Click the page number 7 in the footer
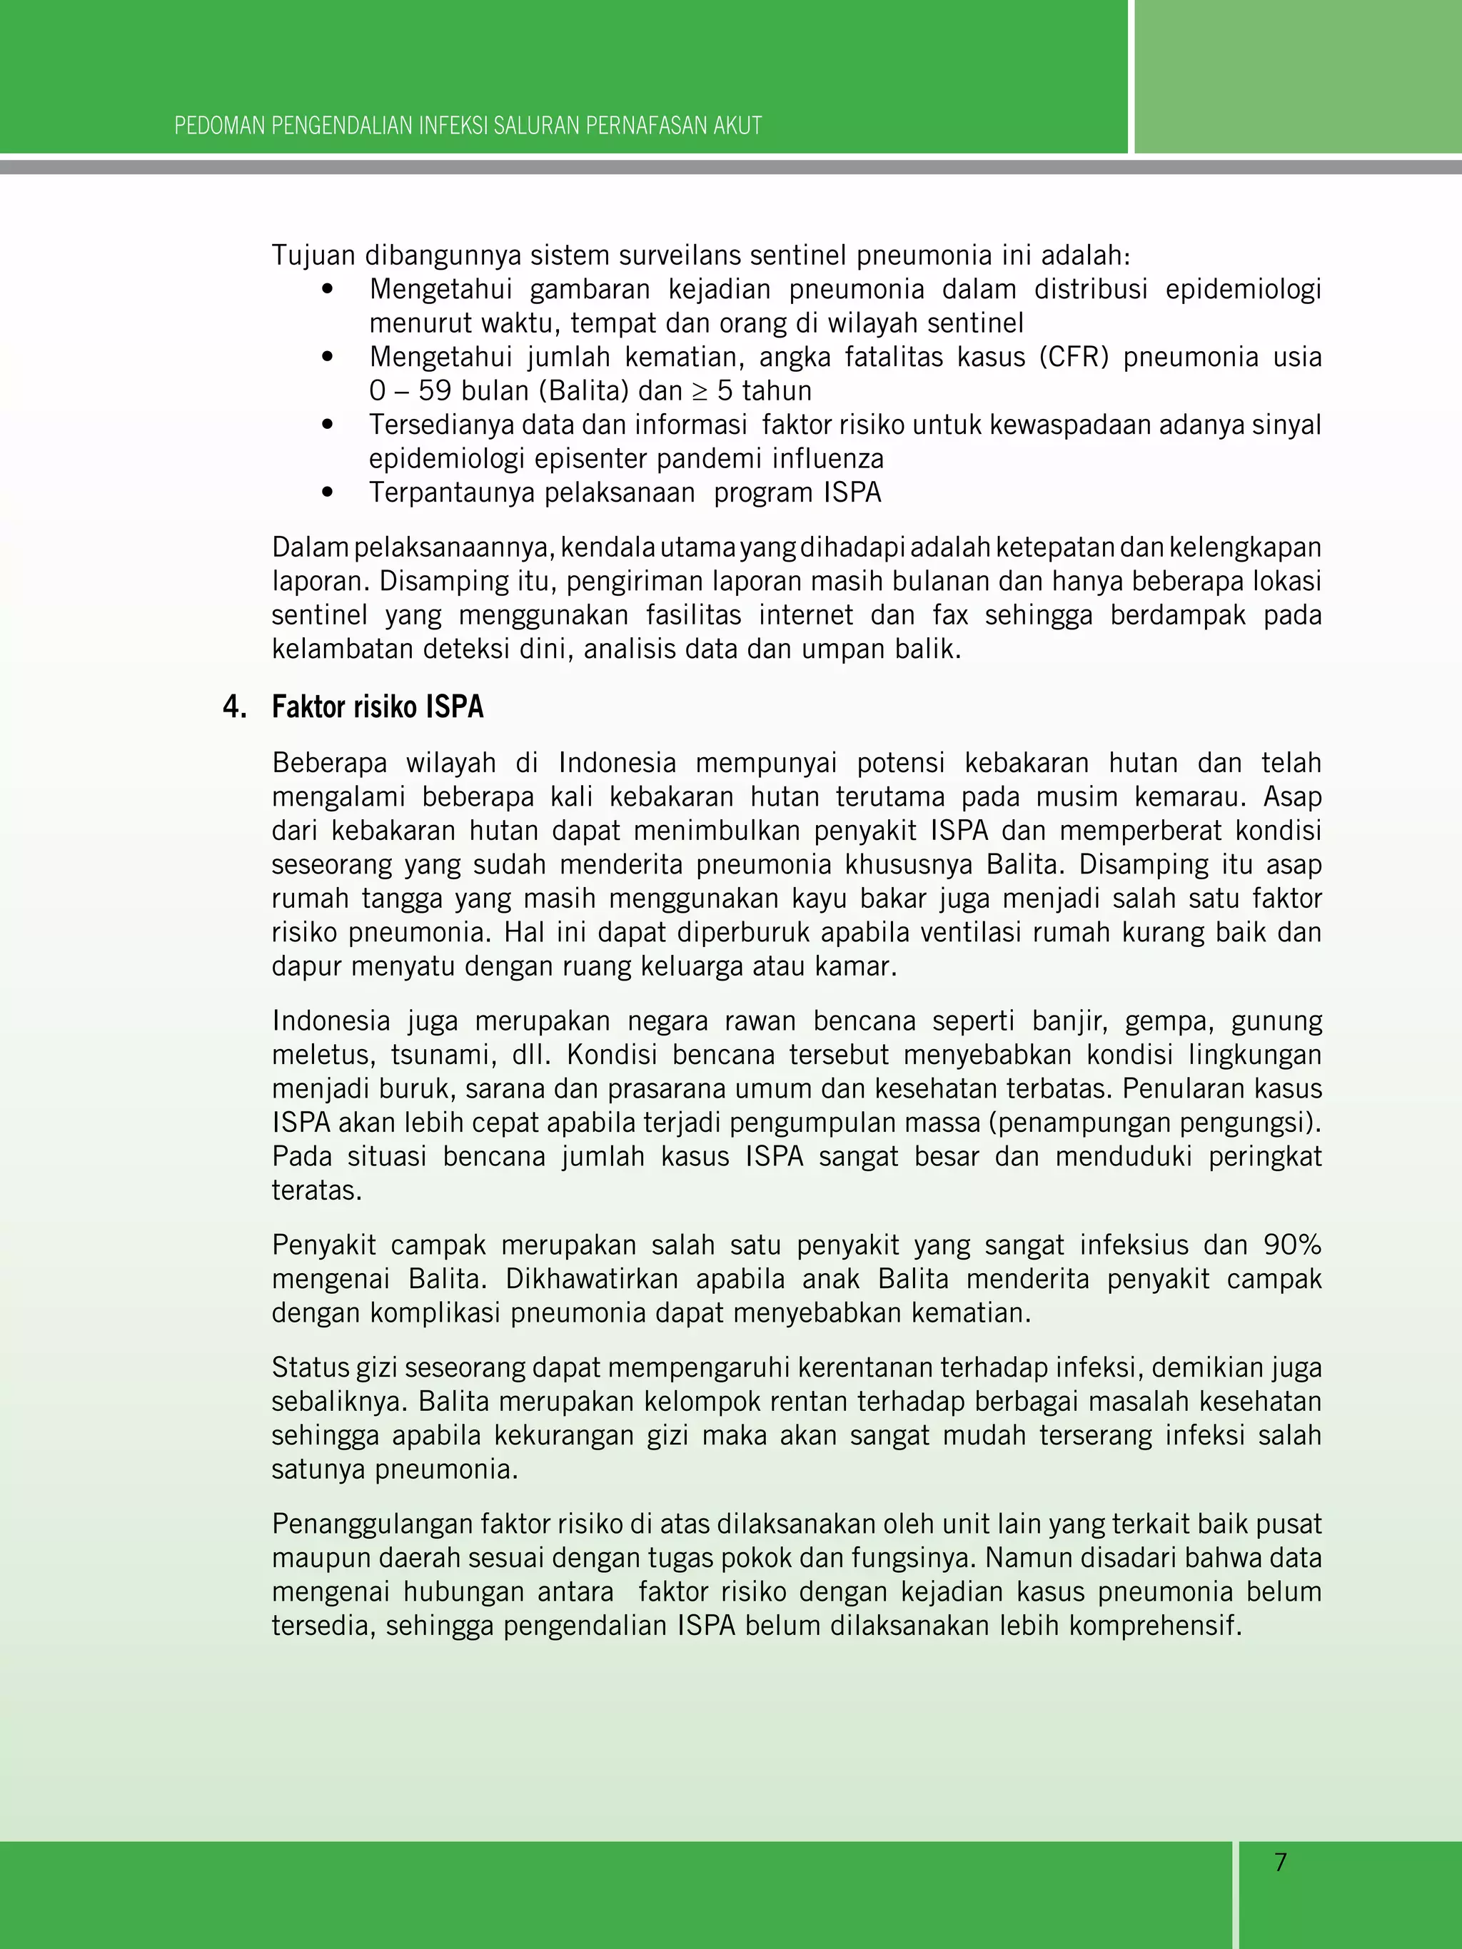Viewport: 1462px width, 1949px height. point(1281,1862)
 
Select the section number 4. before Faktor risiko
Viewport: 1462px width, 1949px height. point(234,707)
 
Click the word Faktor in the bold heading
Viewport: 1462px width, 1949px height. point(304,707)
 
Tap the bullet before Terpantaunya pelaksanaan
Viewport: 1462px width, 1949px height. point(328,492)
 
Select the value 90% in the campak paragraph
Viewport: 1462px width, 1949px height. point(1293,1245)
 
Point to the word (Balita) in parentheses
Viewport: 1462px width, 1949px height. point(590,391)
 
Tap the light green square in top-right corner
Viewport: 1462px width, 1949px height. point(1297,76)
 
